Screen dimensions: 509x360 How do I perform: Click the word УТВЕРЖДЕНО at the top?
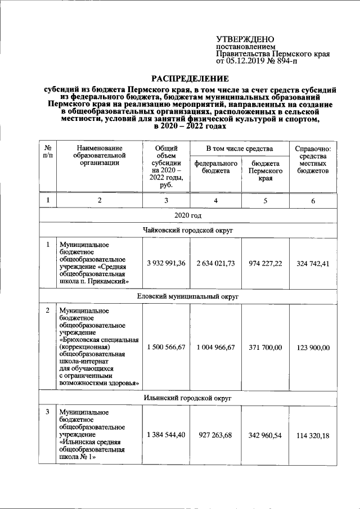click(x=245, y=39)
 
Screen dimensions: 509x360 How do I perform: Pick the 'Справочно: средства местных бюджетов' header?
click(x=313, y=160)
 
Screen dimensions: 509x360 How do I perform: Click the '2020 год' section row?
click(x=188, y=215)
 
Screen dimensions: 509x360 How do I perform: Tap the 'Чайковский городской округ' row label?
click(x=188, y=231)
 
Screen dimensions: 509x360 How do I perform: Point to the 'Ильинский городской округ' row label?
click(x=188, y=398)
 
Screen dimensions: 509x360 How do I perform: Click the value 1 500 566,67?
click(x=165, y=348)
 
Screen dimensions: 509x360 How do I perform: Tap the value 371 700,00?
click(x=265, y=348)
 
